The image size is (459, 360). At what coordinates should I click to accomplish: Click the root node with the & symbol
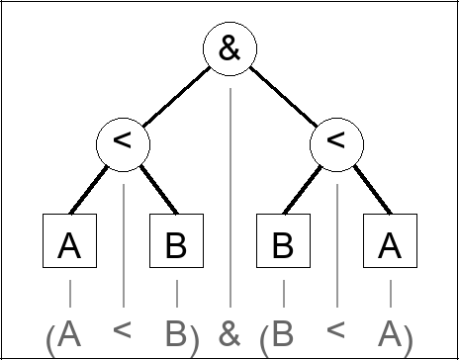coord(229,49)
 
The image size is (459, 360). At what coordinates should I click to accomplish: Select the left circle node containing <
coord(123,142)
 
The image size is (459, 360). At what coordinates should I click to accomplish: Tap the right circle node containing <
coord(336,142)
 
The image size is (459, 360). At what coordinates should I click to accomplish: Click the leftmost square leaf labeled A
coord(69,244)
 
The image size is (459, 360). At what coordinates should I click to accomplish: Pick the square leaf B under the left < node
coord(176,244)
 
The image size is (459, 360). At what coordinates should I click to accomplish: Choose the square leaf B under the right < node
coord(283,244)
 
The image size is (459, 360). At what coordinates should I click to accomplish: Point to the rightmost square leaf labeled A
coord(390,244)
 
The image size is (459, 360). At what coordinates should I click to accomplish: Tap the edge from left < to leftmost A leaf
coord(96,191)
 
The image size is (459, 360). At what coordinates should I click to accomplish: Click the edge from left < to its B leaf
coord(151,191)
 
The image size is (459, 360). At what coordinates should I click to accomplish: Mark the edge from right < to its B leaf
coord(308,191)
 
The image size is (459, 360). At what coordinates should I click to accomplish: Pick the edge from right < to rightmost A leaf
coord(364,191)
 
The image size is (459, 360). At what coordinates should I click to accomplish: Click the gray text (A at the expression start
coord(63,334)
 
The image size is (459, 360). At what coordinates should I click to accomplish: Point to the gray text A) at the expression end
coord(395,334)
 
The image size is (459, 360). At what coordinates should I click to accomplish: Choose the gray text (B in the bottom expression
coord(277,334)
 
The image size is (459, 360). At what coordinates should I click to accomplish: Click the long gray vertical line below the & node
coord(229,198)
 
